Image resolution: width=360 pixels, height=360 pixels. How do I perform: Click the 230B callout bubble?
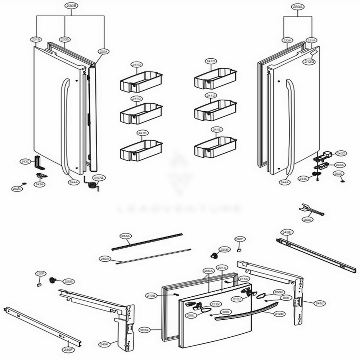tap(71, 6)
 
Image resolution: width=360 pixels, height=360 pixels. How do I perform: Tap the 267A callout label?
tap(99, 177)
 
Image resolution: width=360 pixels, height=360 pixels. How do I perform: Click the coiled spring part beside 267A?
tap(92, 186)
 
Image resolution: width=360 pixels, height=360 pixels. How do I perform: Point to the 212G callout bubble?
tap(309, 62)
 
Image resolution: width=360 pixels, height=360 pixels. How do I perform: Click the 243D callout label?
tap(341, 153)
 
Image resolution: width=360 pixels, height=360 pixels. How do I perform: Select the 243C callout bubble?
tap(25, 162)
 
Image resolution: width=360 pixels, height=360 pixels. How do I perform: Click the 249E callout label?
tap(287, 232)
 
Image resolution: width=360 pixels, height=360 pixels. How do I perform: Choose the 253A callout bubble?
tap(125, 236)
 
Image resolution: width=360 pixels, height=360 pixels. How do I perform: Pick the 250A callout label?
tap(105, 258)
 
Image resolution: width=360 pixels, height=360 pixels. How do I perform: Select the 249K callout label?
tap(104, 345)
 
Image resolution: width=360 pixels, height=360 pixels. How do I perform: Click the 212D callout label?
tap(279, 314)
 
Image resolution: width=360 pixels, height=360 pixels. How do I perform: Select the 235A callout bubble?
tap(103, 52)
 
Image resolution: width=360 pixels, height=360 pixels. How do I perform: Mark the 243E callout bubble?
tap(303, 179)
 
